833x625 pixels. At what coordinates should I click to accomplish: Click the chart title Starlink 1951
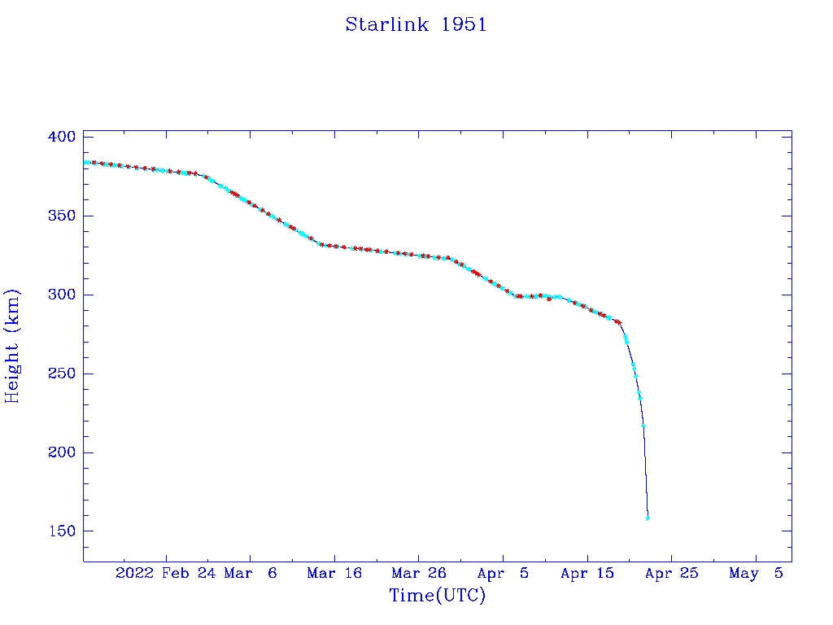416,24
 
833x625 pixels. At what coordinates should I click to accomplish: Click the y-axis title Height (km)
12,346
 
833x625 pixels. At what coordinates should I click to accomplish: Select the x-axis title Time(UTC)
438,596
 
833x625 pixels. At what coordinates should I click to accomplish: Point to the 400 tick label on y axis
61,137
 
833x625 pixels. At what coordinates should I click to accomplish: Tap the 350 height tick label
61,216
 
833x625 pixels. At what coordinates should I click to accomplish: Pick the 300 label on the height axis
61,295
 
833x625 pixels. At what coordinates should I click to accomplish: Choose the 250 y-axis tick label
61,374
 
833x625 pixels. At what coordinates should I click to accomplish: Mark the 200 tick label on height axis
61,452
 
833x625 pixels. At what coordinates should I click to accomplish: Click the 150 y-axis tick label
61,531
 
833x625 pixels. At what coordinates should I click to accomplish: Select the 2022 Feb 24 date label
160,573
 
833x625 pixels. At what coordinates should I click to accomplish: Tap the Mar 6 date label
251,573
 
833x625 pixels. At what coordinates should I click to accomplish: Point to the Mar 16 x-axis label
334,573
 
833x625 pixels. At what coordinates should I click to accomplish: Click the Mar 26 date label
419,573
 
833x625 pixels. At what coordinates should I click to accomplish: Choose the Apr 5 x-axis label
504,573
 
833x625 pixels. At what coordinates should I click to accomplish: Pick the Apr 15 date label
587,573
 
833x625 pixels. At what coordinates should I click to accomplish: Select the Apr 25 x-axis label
672,573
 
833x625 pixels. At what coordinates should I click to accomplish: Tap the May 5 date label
756,573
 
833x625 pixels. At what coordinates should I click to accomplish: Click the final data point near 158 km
648,518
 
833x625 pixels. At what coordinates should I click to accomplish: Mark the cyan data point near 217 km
643,426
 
